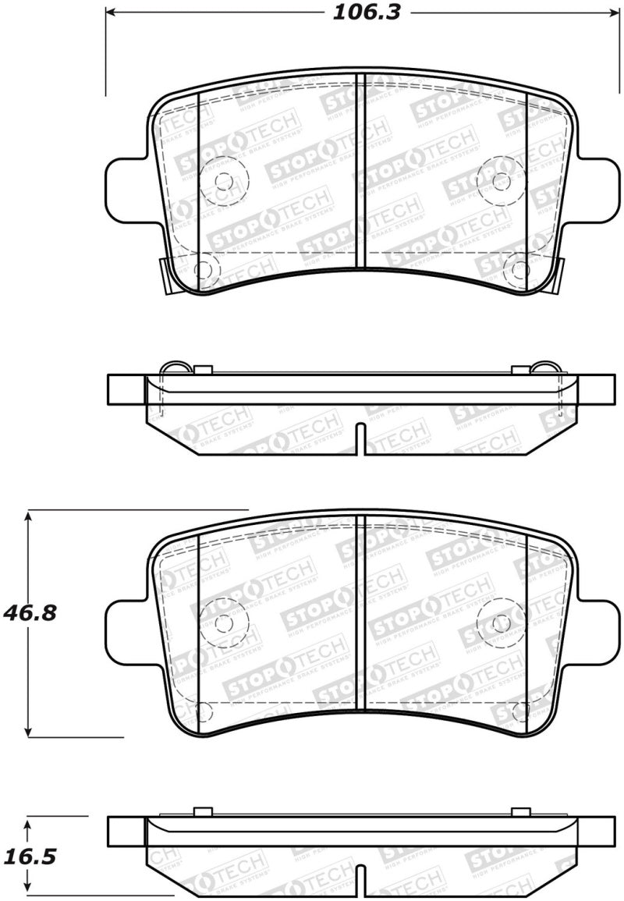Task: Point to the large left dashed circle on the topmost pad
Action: pyautogui.click(x=224, y=181)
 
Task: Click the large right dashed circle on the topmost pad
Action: pyautogui.click(x=501, y=181)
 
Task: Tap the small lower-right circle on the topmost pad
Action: pyautogui.click(x=516, y=270)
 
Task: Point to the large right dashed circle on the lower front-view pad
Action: pyautogui.click(x=501, y=623)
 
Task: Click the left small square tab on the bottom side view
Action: pyautogui.click(x=202, y=811)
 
